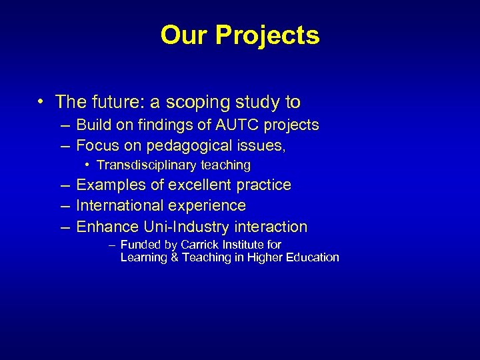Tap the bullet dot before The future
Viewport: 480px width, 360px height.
tap(41, 102)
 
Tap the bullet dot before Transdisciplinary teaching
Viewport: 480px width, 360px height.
tap(88, 165)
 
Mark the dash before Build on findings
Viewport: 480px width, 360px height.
tap(64, 125)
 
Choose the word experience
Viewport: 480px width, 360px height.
tap(206, 206)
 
